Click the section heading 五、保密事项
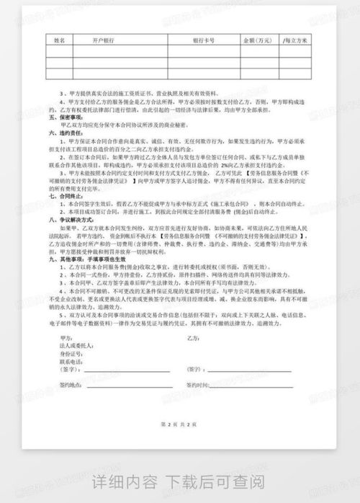tap(63, 117)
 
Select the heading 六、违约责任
tap(63, 133)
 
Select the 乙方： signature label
tap(192, 337)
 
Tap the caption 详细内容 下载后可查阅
tap(180, 481)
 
